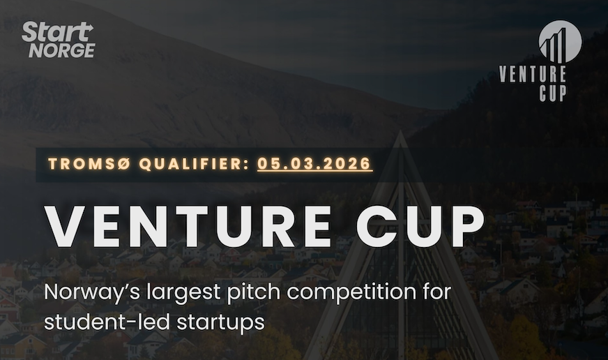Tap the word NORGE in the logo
[61, 50]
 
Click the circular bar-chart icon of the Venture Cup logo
[560, 41]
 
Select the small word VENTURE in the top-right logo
[533, 74]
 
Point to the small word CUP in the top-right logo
[552, 92]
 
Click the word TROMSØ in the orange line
[89, 165]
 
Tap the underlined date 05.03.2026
[314, 165]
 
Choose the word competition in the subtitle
[333, 292]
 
